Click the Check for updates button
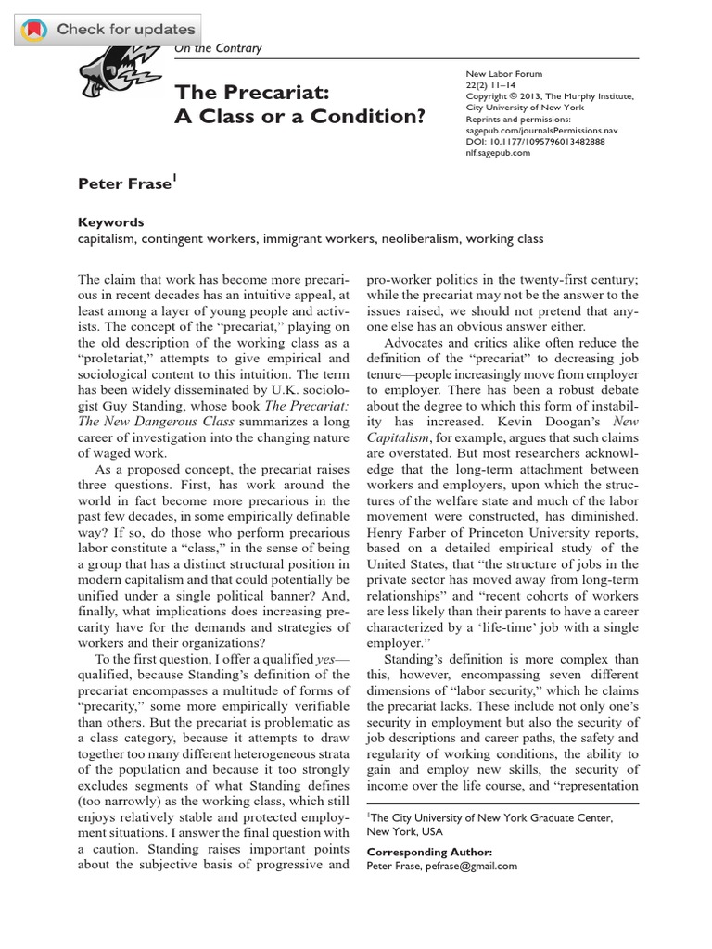(110, 29)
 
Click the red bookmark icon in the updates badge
(32, 30)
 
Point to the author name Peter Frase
(125, 183)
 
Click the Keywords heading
(111, 222)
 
